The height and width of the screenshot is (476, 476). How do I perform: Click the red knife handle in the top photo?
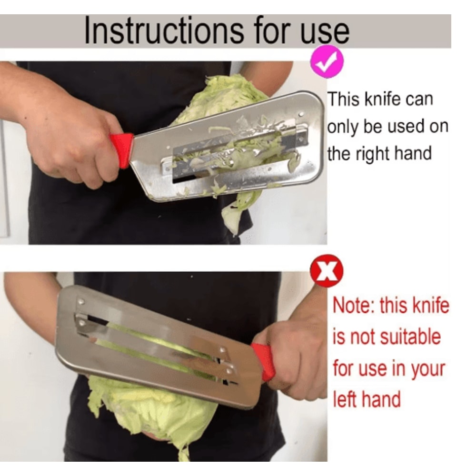122,149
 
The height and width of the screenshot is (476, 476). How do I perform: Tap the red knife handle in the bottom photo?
264,362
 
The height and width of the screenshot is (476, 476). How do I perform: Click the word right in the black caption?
378,154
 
